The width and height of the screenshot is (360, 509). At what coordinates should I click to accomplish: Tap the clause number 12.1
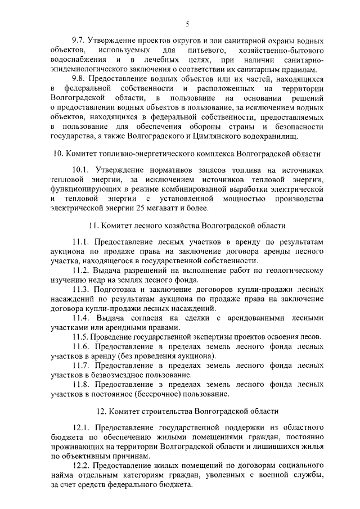point(82,429)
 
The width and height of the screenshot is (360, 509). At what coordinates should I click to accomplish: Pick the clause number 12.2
point(82,466)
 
